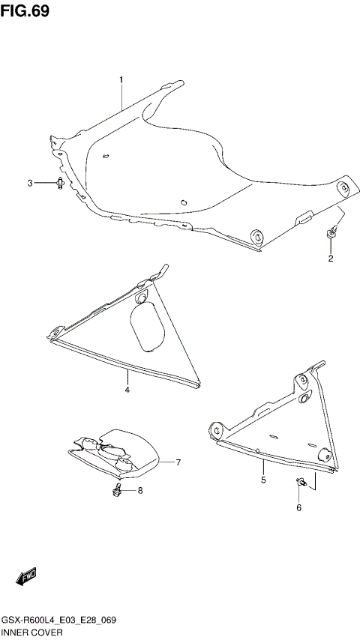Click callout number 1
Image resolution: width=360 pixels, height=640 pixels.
pyautogui.click(x=121, y=79)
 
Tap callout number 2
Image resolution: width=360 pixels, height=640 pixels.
pyautogui.click(x=329, y=259)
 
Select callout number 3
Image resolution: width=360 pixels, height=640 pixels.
pyautogui.click(x=31, y=183)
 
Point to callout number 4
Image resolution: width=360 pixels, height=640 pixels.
pyautogui.click(x=127, y=390)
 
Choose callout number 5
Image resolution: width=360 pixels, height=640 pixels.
pyautogui.click(x=263, y=480)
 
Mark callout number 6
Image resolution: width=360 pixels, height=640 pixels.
pyautogui.click(x=298, y=507)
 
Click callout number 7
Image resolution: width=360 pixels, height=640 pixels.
pyautogui.click(x=179, y=462)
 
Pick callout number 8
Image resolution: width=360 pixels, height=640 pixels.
pyautogui.click(x=139, y=491)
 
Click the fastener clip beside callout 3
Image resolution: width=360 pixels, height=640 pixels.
pyautogui.click(x=59, y=183)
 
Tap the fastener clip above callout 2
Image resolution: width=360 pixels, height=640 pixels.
pyautogui.click(x=330, y=235)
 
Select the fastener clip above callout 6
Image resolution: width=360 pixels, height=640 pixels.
pyautogui.click(x=300, y=483)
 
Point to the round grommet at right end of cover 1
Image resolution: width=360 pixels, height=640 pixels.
pyautogui.click(x=344, y=188)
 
